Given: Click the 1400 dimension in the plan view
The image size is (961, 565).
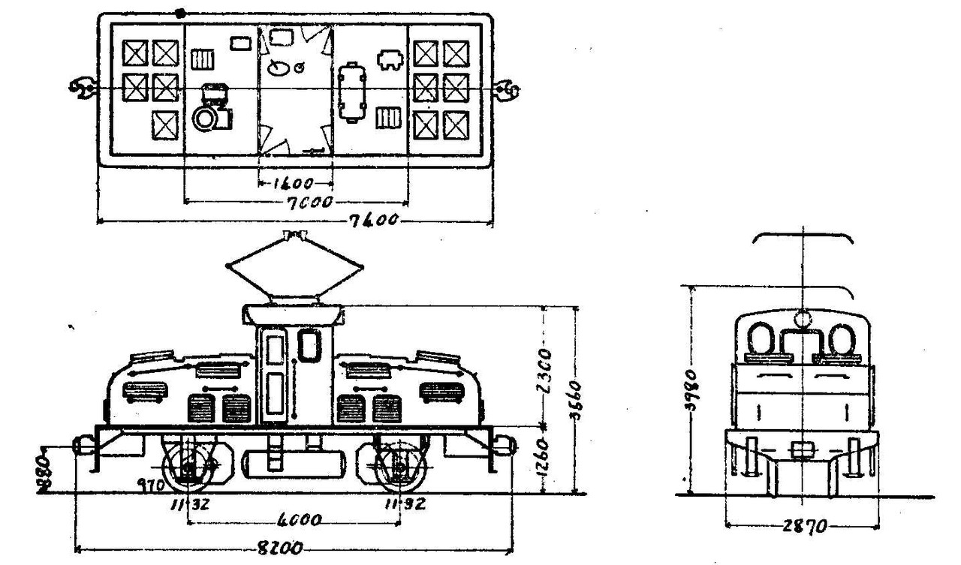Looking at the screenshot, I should pyautogui.click(x=295, y=182).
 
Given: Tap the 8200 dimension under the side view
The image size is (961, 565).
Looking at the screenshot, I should pyautogui.click(x=285, y=549).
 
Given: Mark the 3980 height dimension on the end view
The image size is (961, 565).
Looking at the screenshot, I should pyautogui.click(x=697, y=390).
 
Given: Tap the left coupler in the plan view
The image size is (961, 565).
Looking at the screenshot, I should pyautogui.click(x=81, y=89).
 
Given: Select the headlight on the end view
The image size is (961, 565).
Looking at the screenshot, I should pyautogui.click(x=803, y=318).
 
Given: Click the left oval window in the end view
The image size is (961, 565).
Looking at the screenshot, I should pyautogui.click(x=763, y=339).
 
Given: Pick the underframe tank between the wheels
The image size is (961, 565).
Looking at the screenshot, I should pyautogui.click(x=294, y=464).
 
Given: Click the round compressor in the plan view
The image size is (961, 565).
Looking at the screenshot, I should pyautogui.click(x=203, y=117).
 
